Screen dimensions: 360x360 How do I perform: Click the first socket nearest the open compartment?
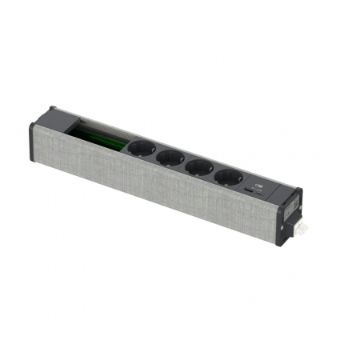click(x=141, y=149)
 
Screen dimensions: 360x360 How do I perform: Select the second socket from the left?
click(x=170, y=158)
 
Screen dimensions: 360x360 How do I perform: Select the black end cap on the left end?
click(x=37, y=142)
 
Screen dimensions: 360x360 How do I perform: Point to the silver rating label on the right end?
click(x=291, y=210)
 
